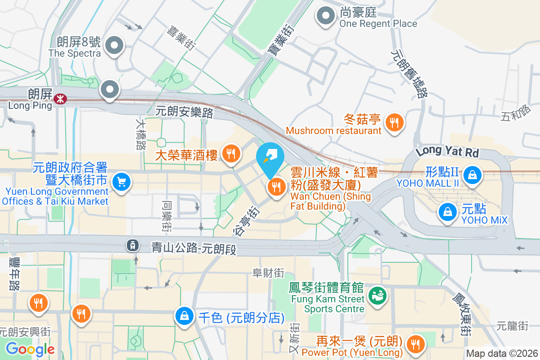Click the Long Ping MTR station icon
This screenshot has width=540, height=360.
tap(59, 98)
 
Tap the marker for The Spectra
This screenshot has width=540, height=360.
tap(114, 45)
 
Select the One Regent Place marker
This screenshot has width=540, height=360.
tap(325, 17)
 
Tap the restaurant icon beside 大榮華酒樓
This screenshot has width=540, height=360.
tap(231, 154)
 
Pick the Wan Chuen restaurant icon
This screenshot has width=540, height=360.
tap(276, 186)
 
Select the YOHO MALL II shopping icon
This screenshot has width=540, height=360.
tap(472, 174)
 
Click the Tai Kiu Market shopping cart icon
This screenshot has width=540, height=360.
tap(121, 182)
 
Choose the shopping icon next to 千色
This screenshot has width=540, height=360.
tap(185, 316)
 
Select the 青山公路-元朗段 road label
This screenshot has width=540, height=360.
tap(193, 247)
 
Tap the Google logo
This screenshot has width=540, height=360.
tap(30, 349)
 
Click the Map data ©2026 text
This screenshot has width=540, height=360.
tap(502, 354)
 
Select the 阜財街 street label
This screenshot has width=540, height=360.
tap(269, 273)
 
